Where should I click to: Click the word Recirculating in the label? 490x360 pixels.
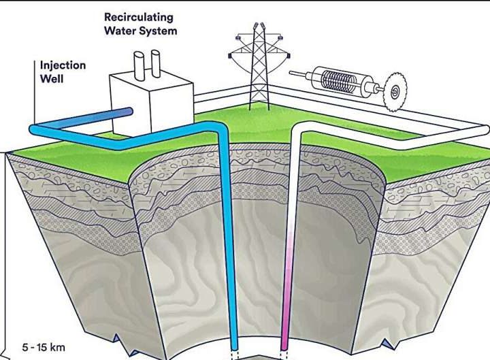point(138,16)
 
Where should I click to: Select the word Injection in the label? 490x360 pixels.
point(63,66)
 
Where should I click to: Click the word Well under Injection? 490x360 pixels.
point(52,79)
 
